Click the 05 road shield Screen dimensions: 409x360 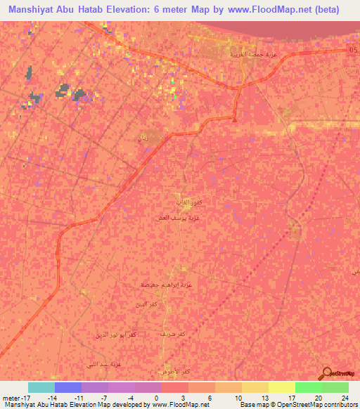point(352,49)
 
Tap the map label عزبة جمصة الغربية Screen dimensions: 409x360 point(250,54)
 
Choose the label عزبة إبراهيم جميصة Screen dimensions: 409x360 point(167,285)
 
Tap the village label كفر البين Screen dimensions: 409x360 point(142,304)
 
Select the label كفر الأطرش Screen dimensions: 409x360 point(175,370)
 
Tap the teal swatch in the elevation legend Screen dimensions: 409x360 point(41,387)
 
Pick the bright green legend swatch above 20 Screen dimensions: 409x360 point(308,387)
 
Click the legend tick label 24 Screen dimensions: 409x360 point(345,397)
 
